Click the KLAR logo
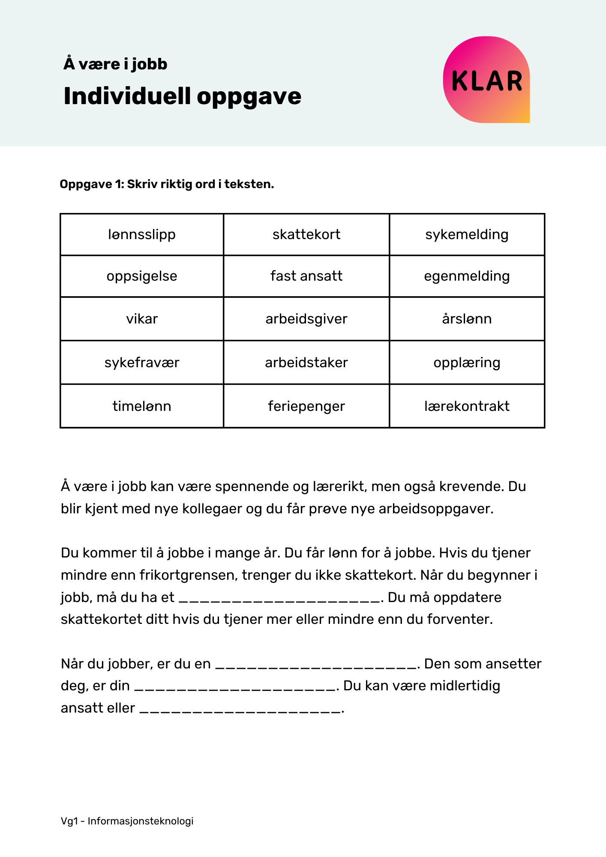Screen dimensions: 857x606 pyautogui.click(x=486, y=80)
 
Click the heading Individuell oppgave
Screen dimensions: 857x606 pyautogui.click(x=182, y=96)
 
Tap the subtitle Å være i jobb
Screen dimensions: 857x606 pyautogui.click(x=115, y=64)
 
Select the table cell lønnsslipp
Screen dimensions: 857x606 pyautogui.click(x=142, y=235)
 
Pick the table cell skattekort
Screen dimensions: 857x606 pyautogui.click(x=306, y=235)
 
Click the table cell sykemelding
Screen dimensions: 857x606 pyautogui.click(x=467, y=235)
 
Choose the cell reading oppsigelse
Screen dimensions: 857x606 pyautogui.click(x=142, y=276)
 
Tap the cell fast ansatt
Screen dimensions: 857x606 pyautogui.click(x=306, y=276)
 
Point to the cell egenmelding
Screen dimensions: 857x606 pyautogui.click(x=467, y=276)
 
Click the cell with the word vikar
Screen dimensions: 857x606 pyautogui.click(x=142, y=319)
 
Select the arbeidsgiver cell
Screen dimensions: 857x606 pyautogui.click(x=306, y=319)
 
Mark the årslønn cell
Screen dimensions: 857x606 pyautogui.click(x=467, y=319)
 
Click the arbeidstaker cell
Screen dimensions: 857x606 pyautogui.click(x=306, y=363)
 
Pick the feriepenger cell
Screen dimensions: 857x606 pyautogui.click(x=306, y=406)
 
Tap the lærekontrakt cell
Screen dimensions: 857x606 pyautogui.click(x=467, y=406)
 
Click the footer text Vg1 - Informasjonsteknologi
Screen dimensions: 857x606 pyautogui.click(x=127, y=821)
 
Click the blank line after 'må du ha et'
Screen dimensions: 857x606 pyautogui.click(x=279, y=598)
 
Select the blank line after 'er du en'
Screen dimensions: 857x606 pyautogui.click(x=316, y=665)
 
